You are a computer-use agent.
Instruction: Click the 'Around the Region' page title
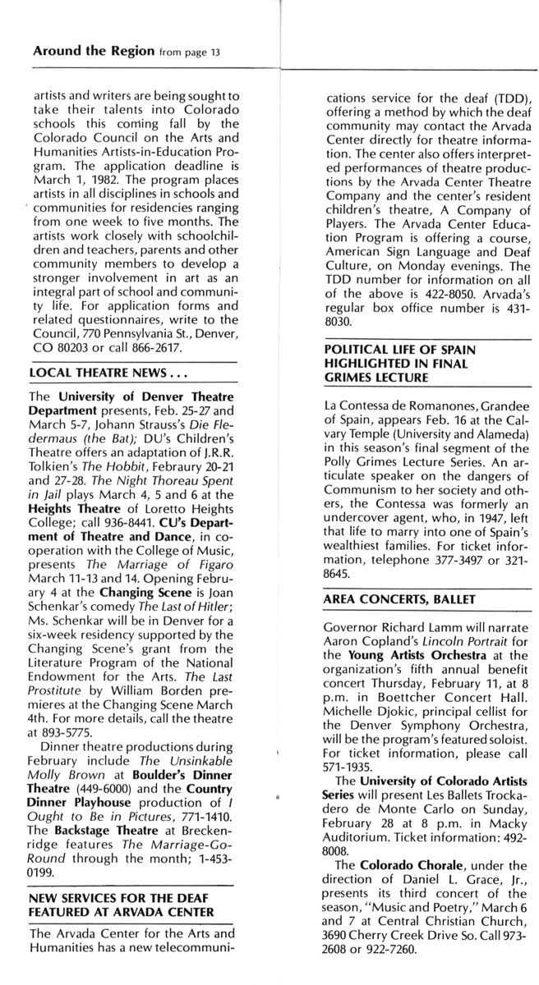[x=93, y=50]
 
